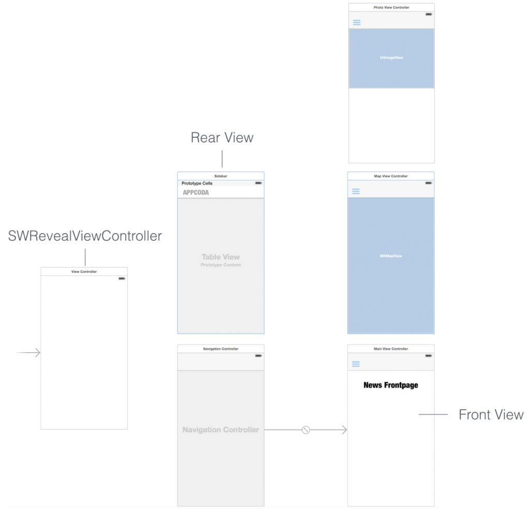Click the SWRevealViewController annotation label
pos(85,236)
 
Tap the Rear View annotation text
pos(222,138)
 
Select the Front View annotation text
pos(491,415)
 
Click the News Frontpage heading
pos(391,385)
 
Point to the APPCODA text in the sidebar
pos(196,193)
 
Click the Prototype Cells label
pos(197,183)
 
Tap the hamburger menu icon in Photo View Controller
pos(357,22)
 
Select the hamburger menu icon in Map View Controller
pos(356,192)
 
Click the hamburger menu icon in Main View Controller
pos(356,364)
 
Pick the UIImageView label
pos(391,57)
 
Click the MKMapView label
pos(391,256)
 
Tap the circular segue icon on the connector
pos(306,430)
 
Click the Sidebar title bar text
pos(220,176)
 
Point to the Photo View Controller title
pos(391,7)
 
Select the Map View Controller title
pos(391,176)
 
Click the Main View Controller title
pos(391,348)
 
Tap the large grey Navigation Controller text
pos(220,430)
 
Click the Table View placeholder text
pos(220,257)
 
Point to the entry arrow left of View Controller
pos(28,353)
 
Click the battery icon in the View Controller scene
pos(122,279)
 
